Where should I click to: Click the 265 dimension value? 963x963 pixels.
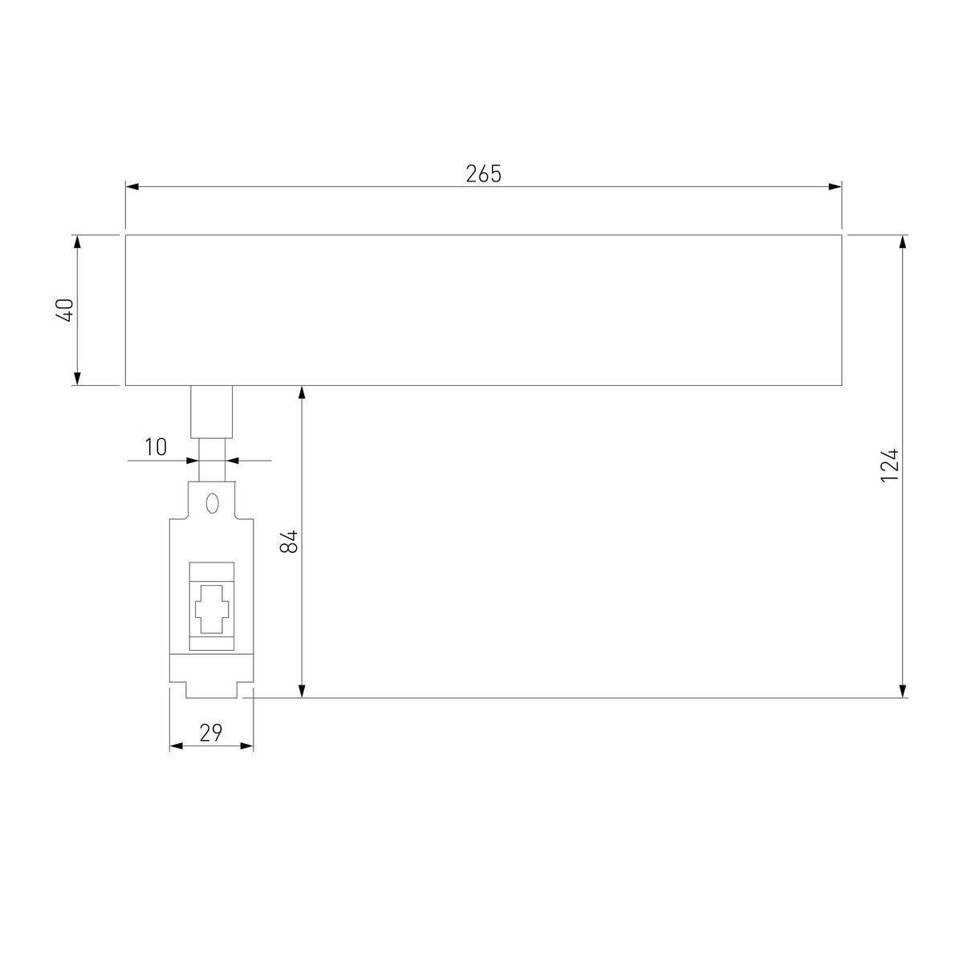tap(483, 173)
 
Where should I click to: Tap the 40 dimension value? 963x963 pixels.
tap(65, 310)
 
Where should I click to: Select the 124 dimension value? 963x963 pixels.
tap(889, 465)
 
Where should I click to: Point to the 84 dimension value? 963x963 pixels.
tap(289, 541)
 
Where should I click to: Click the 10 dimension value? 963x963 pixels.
tap(156, 447)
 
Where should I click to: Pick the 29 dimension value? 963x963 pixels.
tap(210, 733)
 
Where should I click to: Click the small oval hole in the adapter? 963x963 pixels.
tap(212, 502)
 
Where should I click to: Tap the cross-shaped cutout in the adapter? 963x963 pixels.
tap(212, 609)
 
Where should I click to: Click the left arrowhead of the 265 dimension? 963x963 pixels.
tap(132, 187)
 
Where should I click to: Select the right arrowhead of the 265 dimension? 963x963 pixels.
tap(835, 187)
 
